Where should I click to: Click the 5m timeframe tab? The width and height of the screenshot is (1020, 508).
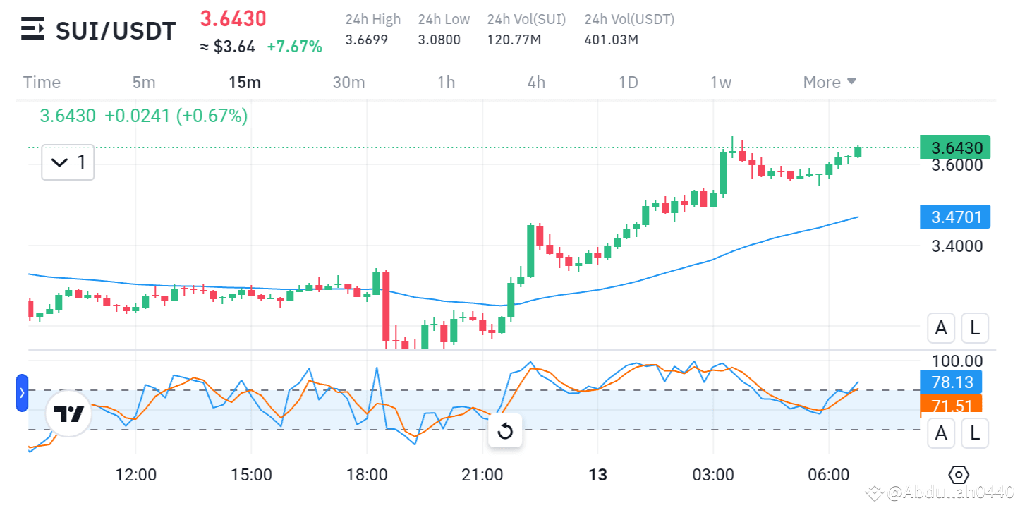point(143,83)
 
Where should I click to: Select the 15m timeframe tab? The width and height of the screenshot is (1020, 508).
point(244,83)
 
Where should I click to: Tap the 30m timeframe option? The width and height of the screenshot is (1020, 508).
point(348,83)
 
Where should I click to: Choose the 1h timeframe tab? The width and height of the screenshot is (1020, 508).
point(446,83)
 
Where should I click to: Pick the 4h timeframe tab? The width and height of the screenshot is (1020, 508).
point(536,83)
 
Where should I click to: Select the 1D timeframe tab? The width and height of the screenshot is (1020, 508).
point(628,83)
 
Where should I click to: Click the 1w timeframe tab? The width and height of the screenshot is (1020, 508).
point(720,83)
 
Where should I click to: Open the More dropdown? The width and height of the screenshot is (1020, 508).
point(830,83)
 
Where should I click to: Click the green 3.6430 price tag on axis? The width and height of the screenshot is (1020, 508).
point(956,147)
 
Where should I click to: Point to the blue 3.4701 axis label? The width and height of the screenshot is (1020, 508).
point(956,217)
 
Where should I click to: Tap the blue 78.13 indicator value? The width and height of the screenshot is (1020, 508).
point(956,382)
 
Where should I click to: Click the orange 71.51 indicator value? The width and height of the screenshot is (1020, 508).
point(956,406)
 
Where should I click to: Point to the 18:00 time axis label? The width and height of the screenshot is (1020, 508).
point(368,474)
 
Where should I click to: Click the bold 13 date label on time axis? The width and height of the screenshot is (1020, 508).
point(597,474)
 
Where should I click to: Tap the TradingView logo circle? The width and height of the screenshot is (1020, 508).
point(69,414)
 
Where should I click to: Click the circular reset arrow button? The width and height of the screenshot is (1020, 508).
point(505,431)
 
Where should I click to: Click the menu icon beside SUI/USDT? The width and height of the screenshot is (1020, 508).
point(32,30)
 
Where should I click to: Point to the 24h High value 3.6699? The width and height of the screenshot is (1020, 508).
point(366,40)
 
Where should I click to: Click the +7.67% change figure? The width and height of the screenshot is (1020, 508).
point(294,47)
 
